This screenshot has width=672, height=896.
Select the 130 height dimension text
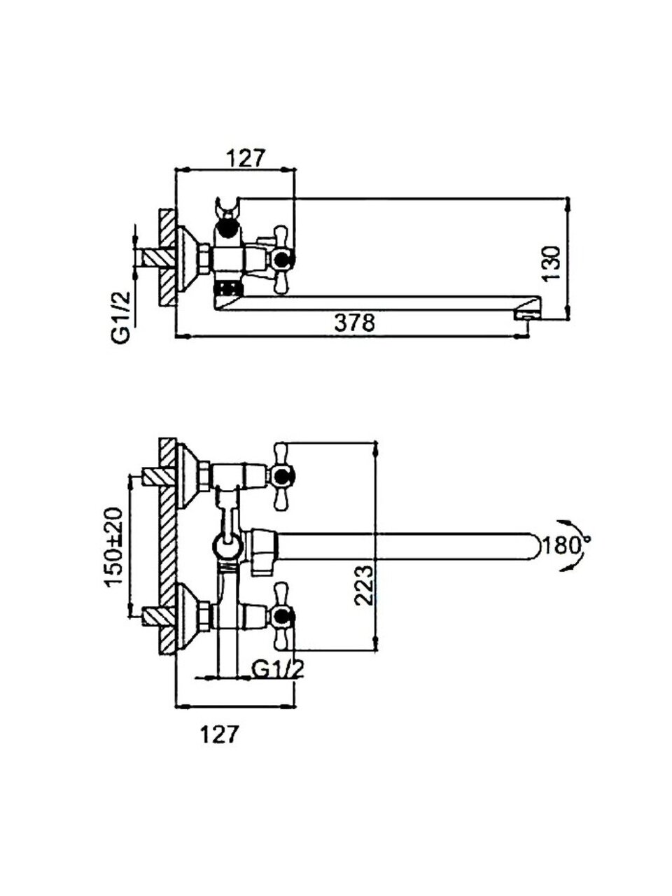(551, 264)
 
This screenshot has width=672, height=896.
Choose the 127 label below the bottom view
(218, 735)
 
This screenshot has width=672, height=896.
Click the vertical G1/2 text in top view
(122, 312)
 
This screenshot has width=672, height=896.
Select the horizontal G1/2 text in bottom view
(278, 679)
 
